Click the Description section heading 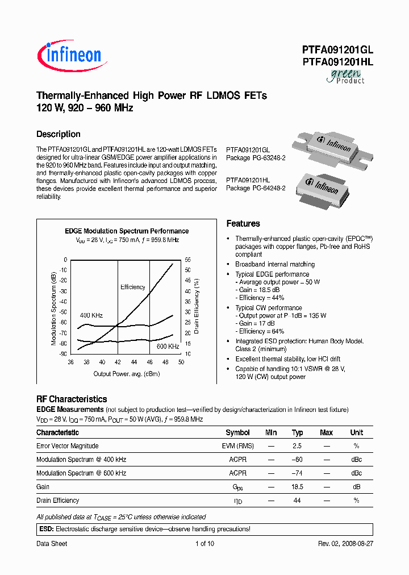pos(59,134)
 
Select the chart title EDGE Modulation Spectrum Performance pos(127,231)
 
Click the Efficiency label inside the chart pos(133,287)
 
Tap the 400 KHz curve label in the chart pos(91,315)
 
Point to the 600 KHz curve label pos(168,346)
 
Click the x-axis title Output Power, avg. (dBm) pos(127,374)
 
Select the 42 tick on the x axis pos(118,362)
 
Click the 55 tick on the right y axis pos(187,260)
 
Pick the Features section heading pos(243,224)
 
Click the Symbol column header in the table pos(237,432)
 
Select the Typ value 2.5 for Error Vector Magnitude pos(297,446)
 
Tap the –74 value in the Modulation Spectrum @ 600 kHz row pos(297,473)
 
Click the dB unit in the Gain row pos(356,487)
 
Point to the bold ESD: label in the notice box pos(45,529)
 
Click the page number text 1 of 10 pos(204,544)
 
